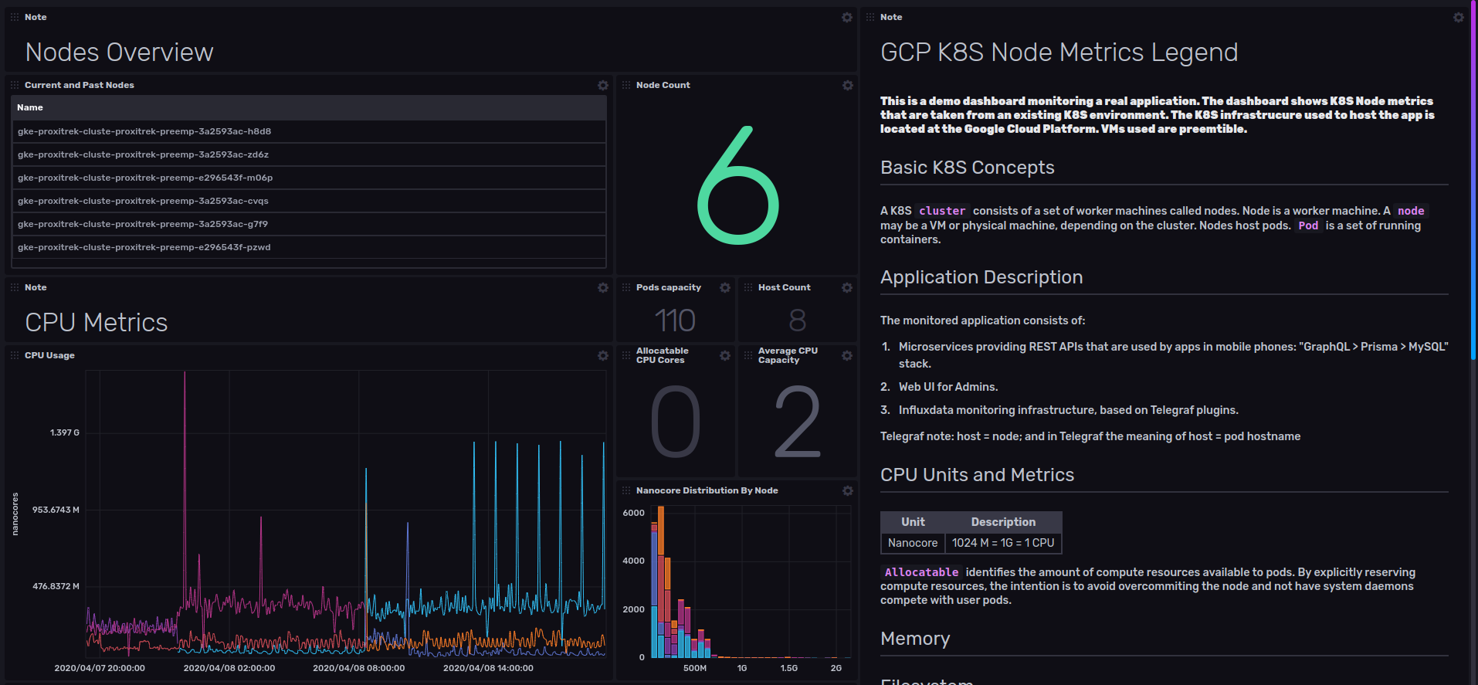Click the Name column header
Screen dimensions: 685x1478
[30, 107]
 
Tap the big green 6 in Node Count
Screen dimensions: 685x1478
[737, 186]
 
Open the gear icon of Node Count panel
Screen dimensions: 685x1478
[848, 85]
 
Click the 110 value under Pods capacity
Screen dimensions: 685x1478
[675, 320]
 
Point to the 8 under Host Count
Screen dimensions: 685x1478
[797, 320]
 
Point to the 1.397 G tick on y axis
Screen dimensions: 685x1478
[65, 432]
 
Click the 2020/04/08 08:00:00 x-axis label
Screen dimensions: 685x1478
[358, 668]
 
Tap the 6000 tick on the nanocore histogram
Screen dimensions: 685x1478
[633, 513]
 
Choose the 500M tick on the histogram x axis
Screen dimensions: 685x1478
[694, 668]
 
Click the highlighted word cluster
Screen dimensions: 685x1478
[942, 211]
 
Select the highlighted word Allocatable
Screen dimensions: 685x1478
[921, 572]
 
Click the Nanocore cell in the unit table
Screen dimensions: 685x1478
[913, 543]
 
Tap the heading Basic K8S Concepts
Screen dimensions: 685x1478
[967, 168]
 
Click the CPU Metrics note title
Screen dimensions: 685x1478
[97, 322]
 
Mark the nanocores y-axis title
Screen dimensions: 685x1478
[15, 514]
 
